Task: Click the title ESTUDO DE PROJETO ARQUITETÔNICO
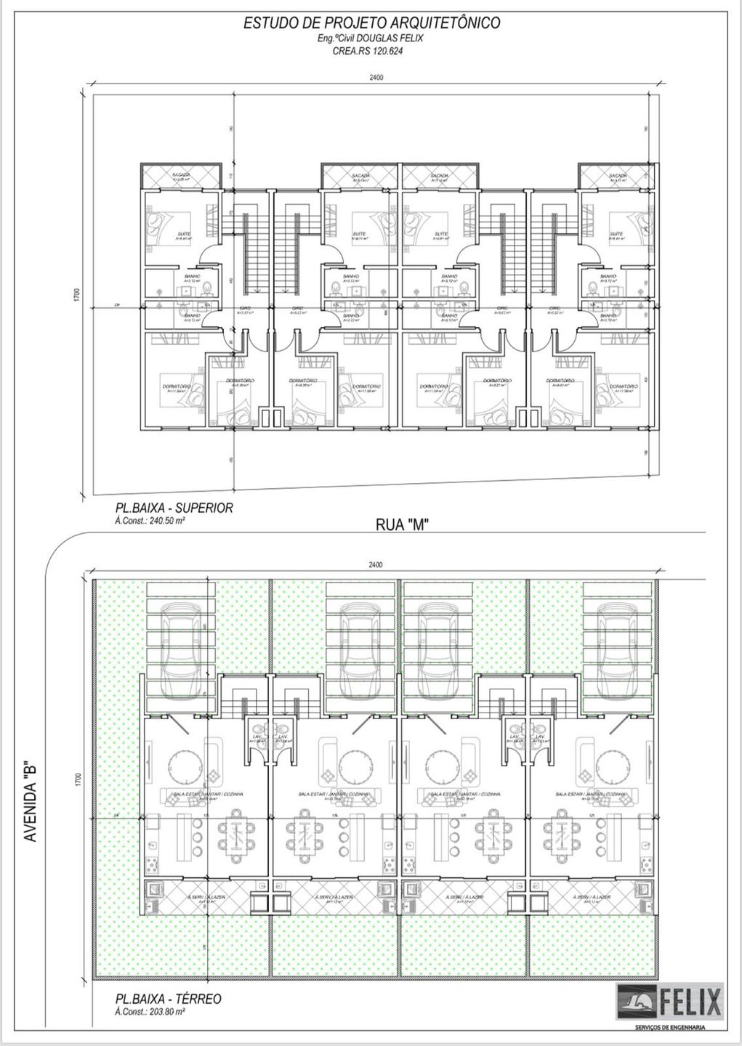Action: pos(371,23)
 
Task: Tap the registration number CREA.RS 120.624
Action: pos(371,51)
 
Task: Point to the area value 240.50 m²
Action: pos(159,521)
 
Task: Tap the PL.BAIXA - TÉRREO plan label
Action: pos(168,999)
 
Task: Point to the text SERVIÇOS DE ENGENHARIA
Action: pos(669,1026)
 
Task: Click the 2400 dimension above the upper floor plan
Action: pos(375,77)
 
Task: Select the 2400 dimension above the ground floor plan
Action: pos(375,564)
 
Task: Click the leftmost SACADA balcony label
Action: pos(181,177)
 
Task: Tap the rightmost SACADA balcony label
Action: pos(618,177)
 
